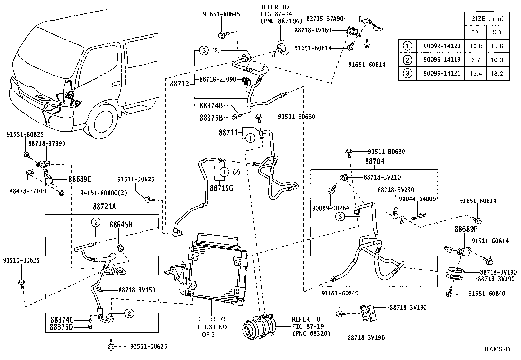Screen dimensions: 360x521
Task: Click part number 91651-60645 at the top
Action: click(221, 14)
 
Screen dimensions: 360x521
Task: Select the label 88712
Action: click(179, 84)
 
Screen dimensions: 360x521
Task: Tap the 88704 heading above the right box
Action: click(374, 161)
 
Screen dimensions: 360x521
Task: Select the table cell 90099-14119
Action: click(441, 60)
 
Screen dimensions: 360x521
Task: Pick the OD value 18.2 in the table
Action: click(496, 74)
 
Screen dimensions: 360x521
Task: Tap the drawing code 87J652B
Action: click(497, 349)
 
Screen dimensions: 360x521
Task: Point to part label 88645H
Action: click(121, 225)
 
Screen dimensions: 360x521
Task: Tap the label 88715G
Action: click(221, 189)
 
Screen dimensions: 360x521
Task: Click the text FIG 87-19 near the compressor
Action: click(306, 326)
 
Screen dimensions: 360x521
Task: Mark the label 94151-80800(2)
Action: click(103, 193)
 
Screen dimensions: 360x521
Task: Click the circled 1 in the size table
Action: click(407, 46)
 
